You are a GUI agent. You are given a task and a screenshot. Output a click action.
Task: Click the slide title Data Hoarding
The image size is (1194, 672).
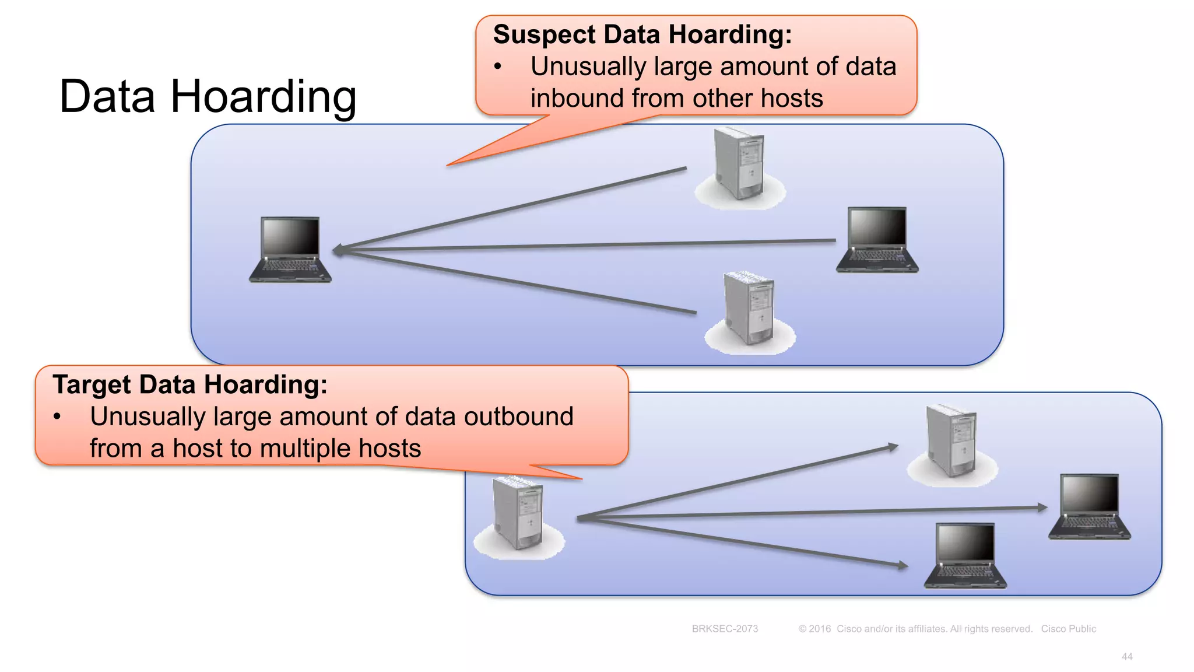(x=208, y=97)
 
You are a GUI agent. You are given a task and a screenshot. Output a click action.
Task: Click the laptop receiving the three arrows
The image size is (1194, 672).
(x=290, y=250)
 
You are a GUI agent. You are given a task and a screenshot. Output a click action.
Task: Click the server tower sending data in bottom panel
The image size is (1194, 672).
(x=518, y=513)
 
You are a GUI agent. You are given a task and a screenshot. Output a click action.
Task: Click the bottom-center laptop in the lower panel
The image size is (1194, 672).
(x=965, y=555)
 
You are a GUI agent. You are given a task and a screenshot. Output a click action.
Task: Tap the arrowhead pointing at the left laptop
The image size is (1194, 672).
(x=338, y=250)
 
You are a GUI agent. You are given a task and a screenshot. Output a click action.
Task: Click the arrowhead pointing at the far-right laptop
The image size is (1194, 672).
(x=1042, y=508)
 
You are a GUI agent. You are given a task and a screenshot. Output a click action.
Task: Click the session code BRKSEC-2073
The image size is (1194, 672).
(x=725, y=629)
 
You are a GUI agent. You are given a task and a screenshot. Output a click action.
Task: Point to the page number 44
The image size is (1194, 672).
(x=1126, y=657)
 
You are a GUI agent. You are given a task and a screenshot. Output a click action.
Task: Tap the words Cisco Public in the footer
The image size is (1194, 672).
(x=1068, y=629)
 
